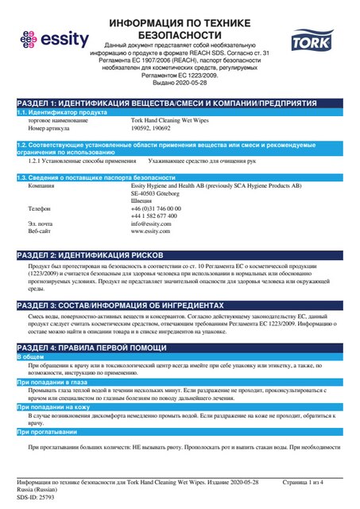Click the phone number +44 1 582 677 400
155,216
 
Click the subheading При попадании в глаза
53,383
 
